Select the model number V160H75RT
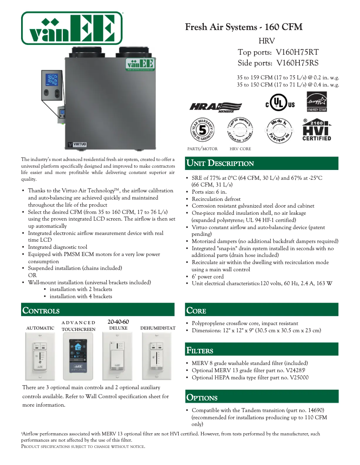[x=297, y=52]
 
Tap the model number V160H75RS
[x=297, y=63]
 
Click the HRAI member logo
[x=215, y=107]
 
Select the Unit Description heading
[x=220, y=163]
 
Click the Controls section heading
[x=41, y=310]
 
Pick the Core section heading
[x=196, y=310]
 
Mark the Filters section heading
[x=200, y=350]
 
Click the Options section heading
[x=202, y=397]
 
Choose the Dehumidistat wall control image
[x=158, y=356]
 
